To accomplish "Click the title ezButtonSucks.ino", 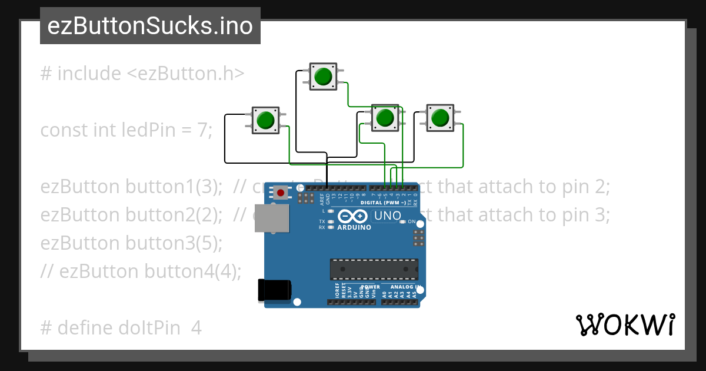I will [150, 26].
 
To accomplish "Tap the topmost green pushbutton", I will [322, 77].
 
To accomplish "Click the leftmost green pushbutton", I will [265, 120].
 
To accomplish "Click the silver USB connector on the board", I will [272, 218].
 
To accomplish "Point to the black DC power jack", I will [274, 290].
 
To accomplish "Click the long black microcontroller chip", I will [374, 269].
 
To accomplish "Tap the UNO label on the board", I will [387, 216].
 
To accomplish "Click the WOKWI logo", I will [625, 325].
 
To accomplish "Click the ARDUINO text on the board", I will [354, 227].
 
